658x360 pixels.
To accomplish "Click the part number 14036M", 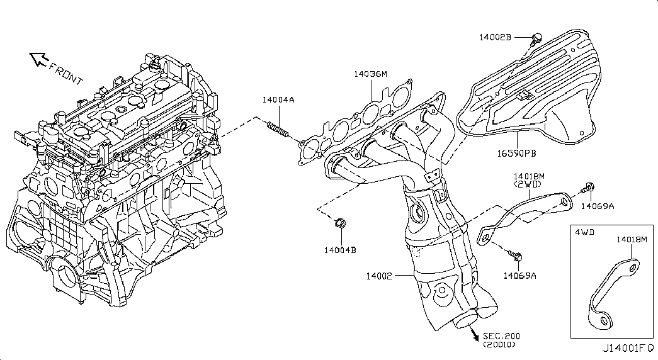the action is (370, 74).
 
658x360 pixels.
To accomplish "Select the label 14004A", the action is (278, 100).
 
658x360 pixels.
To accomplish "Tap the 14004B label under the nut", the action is (340, 250).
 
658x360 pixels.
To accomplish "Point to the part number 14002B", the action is (495, 37).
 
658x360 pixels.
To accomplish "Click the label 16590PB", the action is (516, 154).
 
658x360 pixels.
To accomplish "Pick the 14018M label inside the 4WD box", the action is (632, 240).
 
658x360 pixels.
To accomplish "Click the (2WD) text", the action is (528, 184).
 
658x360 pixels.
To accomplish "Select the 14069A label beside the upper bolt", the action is (597, 206).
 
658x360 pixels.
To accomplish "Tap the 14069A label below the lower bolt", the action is (520, 276).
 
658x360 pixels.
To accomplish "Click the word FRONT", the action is (66, 74).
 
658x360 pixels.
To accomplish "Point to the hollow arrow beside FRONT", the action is (38, 59).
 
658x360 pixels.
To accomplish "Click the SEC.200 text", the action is (501, 336).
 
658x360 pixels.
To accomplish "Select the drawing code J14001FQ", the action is (628, 348).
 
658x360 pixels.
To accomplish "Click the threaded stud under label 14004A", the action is (278, 129).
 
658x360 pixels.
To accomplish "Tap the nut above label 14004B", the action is (340, 223).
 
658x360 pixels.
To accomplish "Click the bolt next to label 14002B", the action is (535, 40).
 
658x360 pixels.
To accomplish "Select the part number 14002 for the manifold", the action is (378, 276).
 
